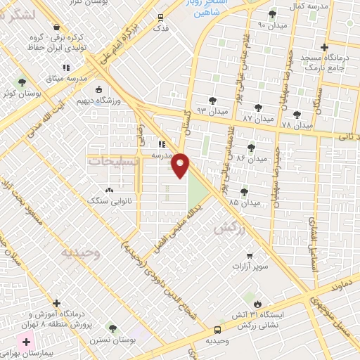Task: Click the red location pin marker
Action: pos(181,165)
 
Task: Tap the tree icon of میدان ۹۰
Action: pos(273,14)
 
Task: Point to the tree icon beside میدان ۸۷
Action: pos(259,108)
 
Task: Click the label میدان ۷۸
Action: pos(297,124)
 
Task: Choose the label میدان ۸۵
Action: pos(245,202)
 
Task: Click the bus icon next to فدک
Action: pos(162,17)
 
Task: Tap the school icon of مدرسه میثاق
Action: pos(66,67)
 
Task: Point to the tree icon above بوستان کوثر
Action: pos(21,82)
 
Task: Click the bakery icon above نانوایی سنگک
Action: pos(108,190)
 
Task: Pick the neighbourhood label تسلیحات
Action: pos(113,161)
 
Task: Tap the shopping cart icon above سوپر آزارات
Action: pos(250,256)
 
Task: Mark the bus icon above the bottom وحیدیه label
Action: pos(217,328)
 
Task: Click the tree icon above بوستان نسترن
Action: pos(112,328)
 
